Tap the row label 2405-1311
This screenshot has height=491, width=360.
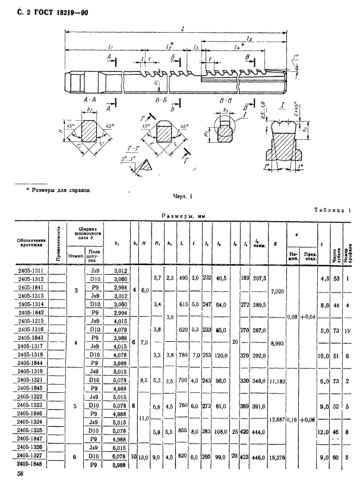click(x=30, y=269)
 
